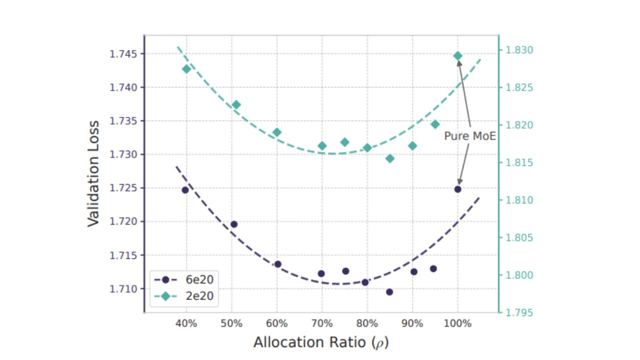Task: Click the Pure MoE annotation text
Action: point(469,136)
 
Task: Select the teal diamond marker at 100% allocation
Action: point(457,56)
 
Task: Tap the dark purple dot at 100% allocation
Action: point(457,189)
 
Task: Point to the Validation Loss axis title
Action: point(93,173)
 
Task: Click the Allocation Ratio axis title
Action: point(321,342)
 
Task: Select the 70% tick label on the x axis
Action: point(322,323)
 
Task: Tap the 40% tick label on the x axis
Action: point(186,323)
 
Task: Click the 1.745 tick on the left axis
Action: point(122,54)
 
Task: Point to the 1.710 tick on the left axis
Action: point(122,289)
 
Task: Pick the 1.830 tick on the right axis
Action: point(519,50)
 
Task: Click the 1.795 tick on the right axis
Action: point(519,313)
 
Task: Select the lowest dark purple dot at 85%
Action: point(389,292)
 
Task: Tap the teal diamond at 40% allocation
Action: point(186,69)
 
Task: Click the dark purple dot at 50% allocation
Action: point(233,224)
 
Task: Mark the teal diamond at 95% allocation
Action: point(435,124)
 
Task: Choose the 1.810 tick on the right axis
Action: point(519,200)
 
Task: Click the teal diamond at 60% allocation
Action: point(277,132)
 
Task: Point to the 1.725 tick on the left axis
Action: point(122,188)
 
